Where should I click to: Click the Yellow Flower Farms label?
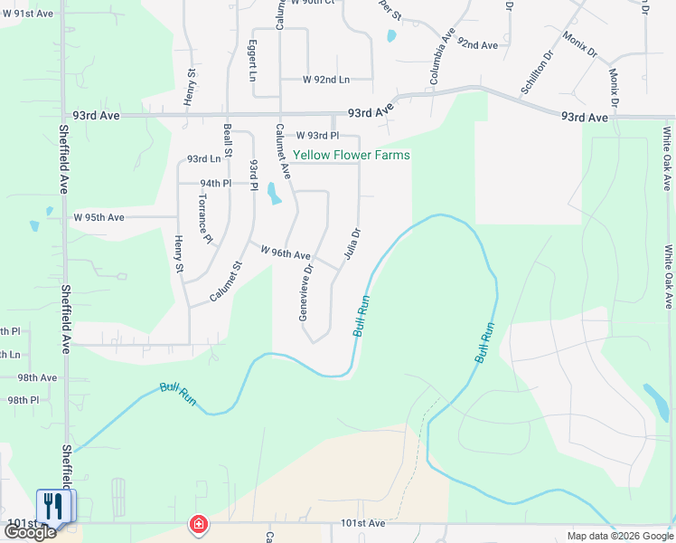tap(351, 155)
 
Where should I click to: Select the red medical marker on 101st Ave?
tap(197, 524)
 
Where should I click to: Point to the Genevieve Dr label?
tap(305, 292)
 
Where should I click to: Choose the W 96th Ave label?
tap(286, 252)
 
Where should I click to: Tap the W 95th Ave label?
tap(99, 217)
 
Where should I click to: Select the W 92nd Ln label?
tap(314, 80)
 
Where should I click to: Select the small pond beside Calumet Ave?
tap(273, 193)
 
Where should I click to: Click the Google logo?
tap(30, 532)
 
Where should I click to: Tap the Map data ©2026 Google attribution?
tap(619, 536)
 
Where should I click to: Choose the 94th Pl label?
tap(216, 183)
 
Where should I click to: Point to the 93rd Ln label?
tap(204, 159)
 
